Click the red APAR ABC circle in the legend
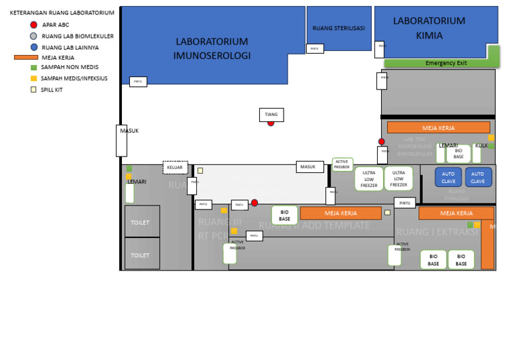[x=34, y=25]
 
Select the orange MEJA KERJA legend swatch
[x=25, y=58]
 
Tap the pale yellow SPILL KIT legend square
[x=34, y=90]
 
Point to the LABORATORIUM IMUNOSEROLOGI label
[x=211, y=48]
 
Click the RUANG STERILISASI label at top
[x=338, y=29]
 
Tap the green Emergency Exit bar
[x=441, y=63]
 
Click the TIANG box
[x=271, y=115]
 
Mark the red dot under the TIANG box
[x=271, y=123]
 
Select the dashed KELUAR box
[x=175, y=168]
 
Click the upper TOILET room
[x=142, y=222]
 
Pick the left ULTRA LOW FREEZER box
[x=369, y=179]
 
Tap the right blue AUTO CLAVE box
[x=478, y=178]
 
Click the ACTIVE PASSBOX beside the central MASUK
[x=342, y=164]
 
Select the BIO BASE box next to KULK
[x=459, y=154]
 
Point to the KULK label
[x=482, y=146]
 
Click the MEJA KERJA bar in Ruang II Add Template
[x=341, y=213]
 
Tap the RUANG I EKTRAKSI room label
[x=437, y=232]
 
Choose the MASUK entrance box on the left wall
[x=121, y=140]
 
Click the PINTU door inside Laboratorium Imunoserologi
[x=138, y=82]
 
